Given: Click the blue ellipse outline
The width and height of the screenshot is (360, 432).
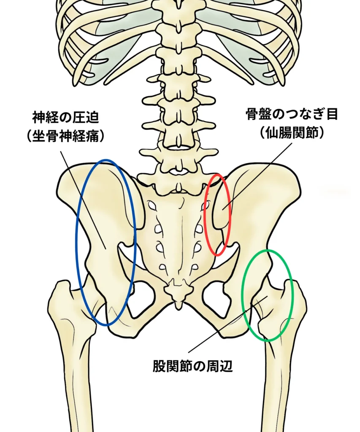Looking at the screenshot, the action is pos(76,243).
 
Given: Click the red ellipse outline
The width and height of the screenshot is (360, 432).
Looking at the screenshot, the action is pos(205,215).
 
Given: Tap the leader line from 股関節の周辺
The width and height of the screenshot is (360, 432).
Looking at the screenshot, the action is pos(228,324).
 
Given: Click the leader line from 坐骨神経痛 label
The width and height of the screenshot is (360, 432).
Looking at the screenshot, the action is pos(83,200).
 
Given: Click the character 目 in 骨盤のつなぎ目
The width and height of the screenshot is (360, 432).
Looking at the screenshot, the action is pos(332,114).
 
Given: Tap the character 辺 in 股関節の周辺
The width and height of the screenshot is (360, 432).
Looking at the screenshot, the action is pos(226,367).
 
